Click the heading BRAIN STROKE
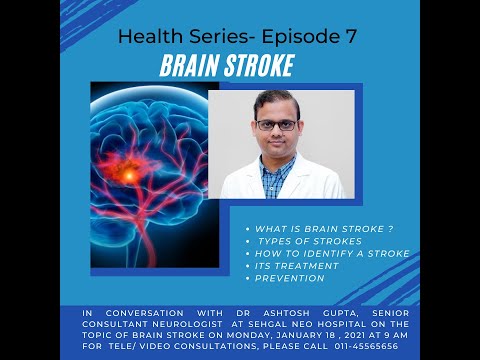pos(227,67)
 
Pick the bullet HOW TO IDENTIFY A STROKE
pos(332,253)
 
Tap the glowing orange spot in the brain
pos(157,172)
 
